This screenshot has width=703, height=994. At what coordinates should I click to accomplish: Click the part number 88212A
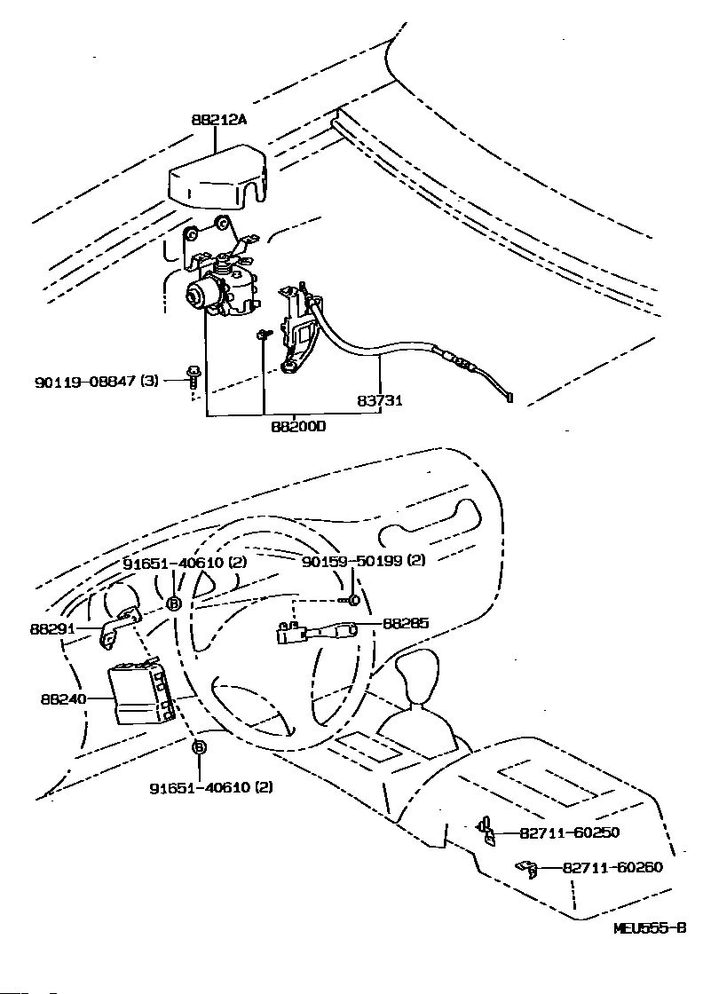point(218,120)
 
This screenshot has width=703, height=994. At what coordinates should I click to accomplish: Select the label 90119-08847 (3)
point(97,381)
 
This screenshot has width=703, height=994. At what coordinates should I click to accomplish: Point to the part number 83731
point(380,400)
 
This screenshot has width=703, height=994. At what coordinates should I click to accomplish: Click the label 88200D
point(298,426)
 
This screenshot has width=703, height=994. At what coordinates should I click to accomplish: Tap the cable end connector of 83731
point(507,397)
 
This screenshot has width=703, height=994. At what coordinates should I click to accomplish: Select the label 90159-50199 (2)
point(364,561)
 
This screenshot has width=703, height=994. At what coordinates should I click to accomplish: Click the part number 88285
point(406,623)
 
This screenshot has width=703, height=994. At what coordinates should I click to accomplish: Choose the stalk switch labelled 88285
point(316,632)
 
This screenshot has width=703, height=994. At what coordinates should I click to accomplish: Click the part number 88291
point(52,628)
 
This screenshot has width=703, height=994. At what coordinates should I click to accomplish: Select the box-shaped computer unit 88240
point(138,693)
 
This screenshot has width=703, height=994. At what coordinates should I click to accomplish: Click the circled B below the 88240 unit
point(199,748)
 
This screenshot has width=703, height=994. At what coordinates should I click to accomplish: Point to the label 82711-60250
point(569,832)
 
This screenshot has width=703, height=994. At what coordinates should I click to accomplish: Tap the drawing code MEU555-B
point(650,928)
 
